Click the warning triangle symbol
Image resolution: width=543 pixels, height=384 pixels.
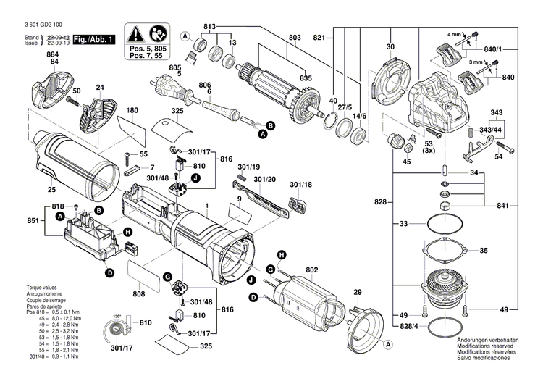tap(136, 33)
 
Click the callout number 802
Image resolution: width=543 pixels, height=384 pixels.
tap(311, 270)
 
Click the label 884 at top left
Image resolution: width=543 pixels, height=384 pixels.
tap(53, 54)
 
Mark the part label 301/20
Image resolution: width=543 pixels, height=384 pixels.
tap(265, 179)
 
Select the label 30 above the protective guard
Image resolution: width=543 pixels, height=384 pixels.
tap(390, 48)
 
